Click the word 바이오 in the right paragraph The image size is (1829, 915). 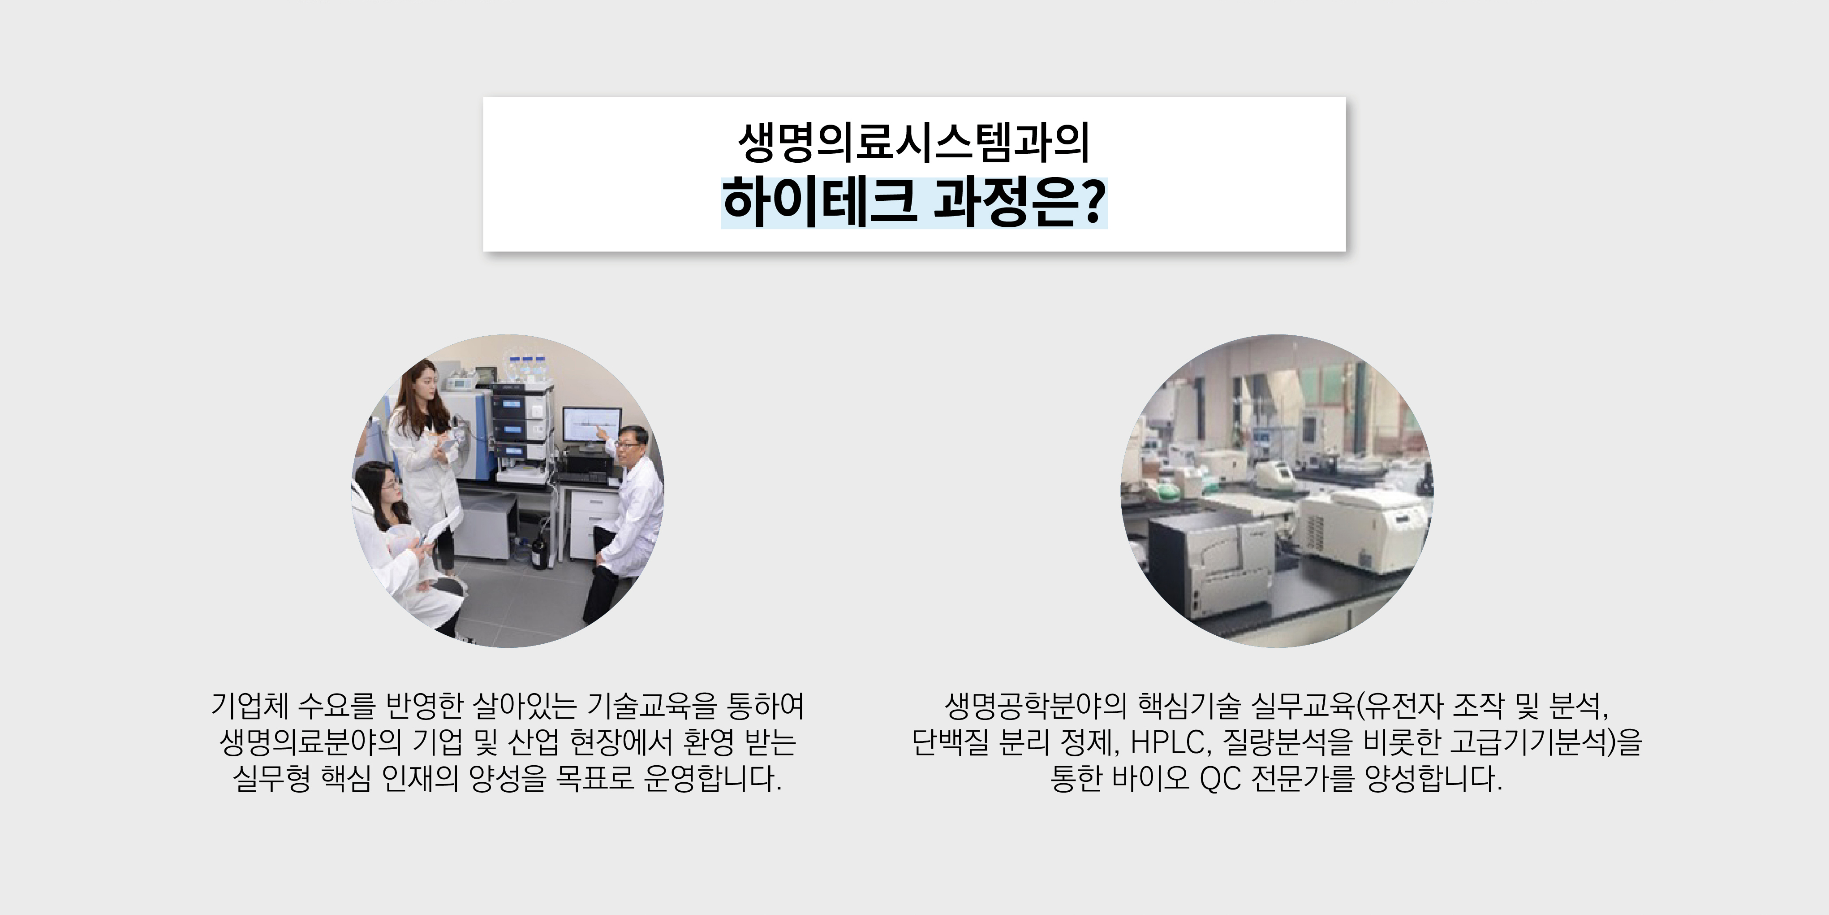click(x=1151, y=779)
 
